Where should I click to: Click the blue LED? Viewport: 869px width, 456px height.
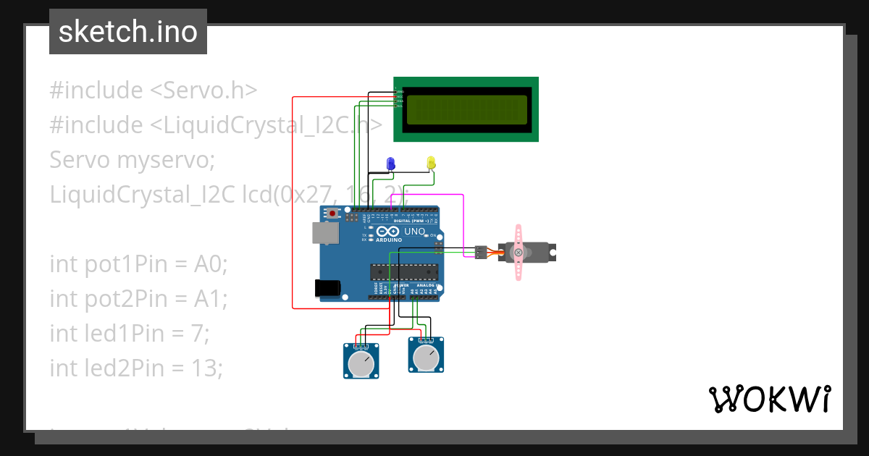tap(391, 164)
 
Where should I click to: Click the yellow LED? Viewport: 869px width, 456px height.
tap(431, 162)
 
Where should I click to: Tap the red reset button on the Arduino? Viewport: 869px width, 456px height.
tap(333, 214)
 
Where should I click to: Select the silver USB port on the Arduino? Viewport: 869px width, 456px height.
tap(324, 232)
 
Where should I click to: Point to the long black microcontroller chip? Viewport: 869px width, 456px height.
tap(404, 271)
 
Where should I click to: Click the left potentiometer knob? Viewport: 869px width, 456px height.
tap(361, 363)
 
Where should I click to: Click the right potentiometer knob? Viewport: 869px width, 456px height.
tap(426, 357)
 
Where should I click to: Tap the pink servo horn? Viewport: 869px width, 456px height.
tap(519, 252)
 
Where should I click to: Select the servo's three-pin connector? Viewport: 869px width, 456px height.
tap(479, 252)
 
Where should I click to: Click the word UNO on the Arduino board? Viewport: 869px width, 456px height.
tap(414, 232)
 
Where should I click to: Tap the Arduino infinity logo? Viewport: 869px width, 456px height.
tap(388, 232)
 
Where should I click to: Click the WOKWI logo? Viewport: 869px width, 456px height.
tap(769, 399)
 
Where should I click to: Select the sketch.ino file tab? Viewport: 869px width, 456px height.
tap(128, 32)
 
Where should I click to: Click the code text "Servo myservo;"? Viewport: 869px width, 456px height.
tap(132, 160)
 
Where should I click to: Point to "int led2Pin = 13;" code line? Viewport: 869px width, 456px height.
tap(136, 368)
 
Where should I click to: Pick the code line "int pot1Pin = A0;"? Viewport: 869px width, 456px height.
tap(138, 264)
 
